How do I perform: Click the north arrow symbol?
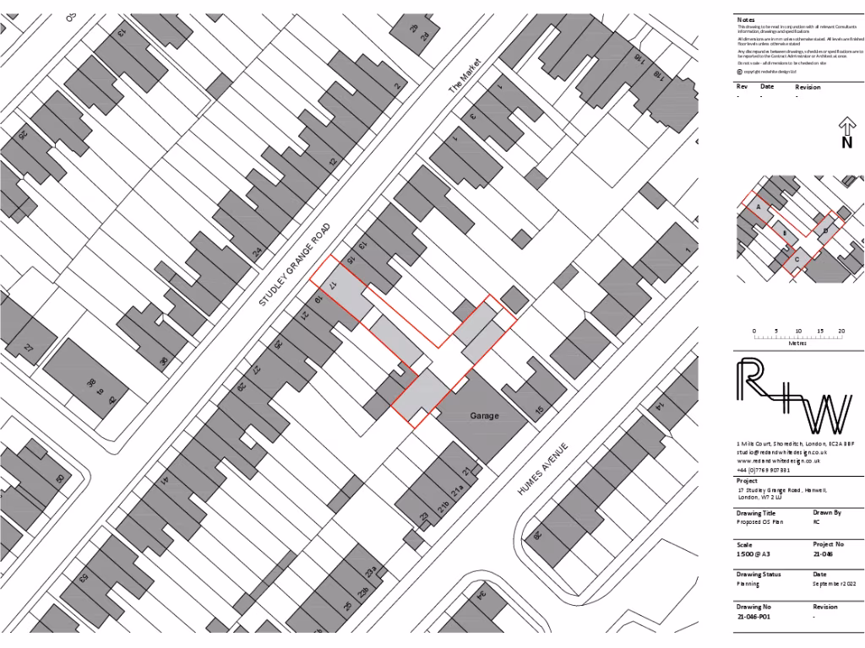tap(846, 127)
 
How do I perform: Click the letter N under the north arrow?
tap(846, 143)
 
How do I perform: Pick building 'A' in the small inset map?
tap(759, 207)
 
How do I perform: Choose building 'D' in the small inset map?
tap(825, 230)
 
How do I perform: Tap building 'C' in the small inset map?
tap(796, 260)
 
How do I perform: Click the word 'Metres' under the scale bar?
tap(797, 343)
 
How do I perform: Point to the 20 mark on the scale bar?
tap(841, 331)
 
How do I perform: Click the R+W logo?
tap(793, 397)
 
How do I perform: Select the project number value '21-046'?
tap(824, 555)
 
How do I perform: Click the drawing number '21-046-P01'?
tap(754, 618)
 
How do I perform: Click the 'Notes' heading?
tap(746, 19)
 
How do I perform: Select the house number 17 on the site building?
tap(334, 284)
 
